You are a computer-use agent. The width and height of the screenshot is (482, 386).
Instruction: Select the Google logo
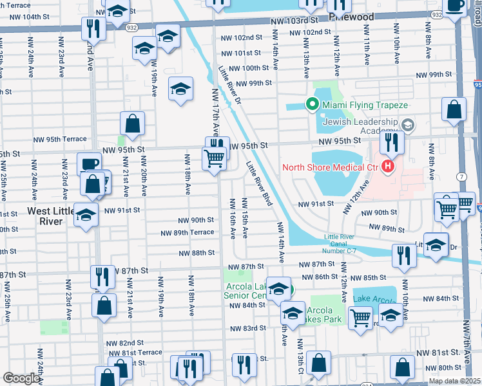(x=21, y=378)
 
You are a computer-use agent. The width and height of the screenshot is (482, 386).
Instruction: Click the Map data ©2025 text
(x=454, y=381)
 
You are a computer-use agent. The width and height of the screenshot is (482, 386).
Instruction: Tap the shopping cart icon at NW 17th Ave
(x=215, y=158)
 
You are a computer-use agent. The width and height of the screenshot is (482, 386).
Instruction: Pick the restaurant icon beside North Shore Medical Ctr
(x=392, y=142)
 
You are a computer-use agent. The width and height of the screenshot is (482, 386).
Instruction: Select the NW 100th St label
(x=248, y=68)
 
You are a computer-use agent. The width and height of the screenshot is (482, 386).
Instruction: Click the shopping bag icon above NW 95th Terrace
(x=132, y=124)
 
